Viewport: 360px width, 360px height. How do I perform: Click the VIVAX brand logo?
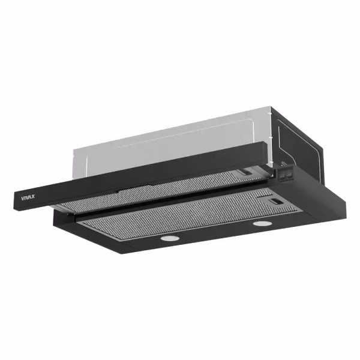(x=28, y=197)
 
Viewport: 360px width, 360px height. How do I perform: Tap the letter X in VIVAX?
(x=33, y=197)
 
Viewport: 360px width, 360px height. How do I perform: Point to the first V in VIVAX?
(x=23, y=199)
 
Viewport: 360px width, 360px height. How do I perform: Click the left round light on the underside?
(x=170, y=238)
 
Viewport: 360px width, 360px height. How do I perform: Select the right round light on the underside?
(x=262, y=223)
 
